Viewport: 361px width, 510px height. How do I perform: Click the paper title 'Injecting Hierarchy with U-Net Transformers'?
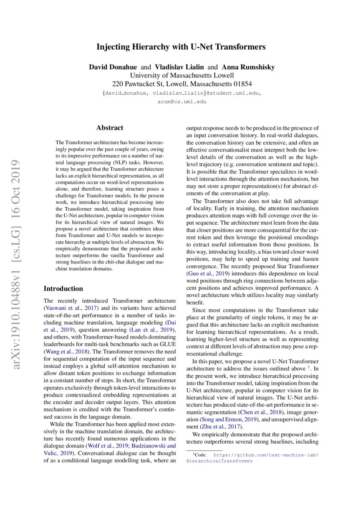coord(181,47)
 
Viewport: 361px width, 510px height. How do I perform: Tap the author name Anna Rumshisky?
coord(248,67)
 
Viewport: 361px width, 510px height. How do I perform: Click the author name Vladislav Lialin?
coord(179,67)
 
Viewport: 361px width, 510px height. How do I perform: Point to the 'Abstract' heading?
coord(110,128)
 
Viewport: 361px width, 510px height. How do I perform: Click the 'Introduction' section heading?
coord(63,288)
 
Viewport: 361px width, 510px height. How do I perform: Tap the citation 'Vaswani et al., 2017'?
coord(69,309)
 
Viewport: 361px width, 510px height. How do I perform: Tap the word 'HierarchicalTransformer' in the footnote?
coord(220,461)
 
